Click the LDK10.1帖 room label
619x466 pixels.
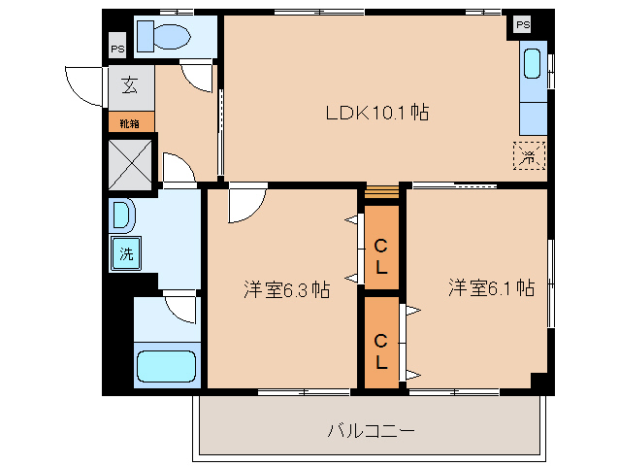coord(376,113)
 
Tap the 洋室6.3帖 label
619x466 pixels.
coord(285,288)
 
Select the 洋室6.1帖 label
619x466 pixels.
coord(491,287)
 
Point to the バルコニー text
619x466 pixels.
coord(371,428)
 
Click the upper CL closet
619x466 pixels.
coord(381,255)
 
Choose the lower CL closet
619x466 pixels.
coord(381,352)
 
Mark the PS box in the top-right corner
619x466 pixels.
coord(523,24)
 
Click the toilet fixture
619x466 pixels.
coord(163,37)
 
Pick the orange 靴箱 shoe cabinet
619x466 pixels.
coord(129,123)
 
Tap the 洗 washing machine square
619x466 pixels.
coord(126,254)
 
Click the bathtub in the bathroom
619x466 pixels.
coord(166,367)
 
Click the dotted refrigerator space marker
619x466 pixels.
coord(530,154)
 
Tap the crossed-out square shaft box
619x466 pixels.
coord(130,161)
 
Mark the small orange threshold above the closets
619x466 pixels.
coord(381,190)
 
